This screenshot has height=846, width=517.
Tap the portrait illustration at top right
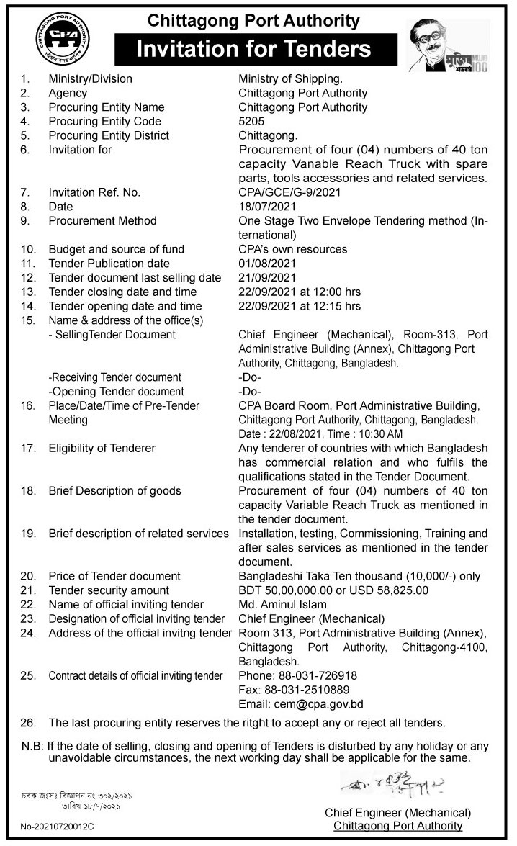(x=447, y=45)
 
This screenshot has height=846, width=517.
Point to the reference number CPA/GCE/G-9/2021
(x=289, y=192)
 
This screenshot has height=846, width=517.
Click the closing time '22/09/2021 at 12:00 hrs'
(x=300, y=292)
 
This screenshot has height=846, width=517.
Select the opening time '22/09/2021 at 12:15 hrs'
(x=300, y=306)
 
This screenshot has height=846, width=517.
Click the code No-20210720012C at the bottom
(x=57, y=827)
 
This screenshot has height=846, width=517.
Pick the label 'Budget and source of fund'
(x=117, y=249)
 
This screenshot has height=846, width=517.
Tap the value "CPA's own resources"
(x=292, y=249)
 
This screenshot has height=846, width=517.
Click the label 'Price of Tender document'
(x=114, y=576)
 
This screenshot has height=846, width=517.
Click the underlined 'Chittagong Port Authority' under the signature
(x=398, y=826)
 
